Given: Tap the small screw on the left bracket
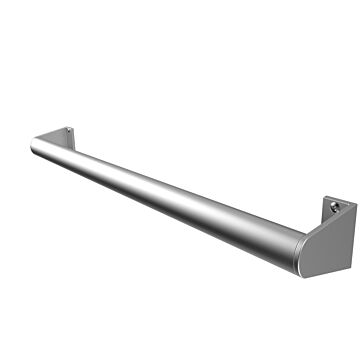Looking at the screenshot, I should click(x=67, y=133).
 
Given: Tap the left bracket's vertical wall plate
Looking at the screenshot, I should click(x=67, y=138).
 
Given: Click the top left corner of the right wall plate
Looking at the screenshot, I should click(x=326, y=199).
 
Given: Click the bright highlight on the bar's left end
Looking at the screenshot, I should click(x=40, y=142).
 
